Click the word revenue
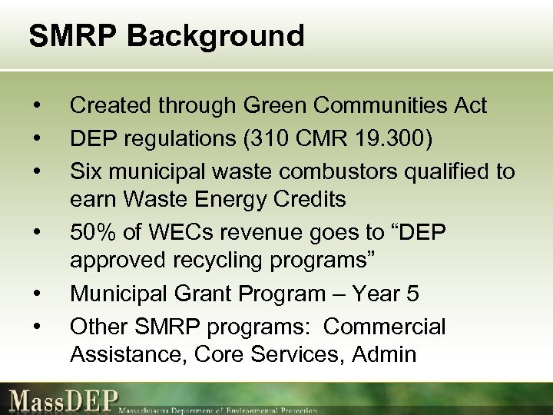tap(253, 231)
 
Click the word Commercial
tap(384, 326)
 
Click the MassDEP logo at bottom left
tap(61, 400)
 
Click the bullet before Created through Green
tap(36, 105)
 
